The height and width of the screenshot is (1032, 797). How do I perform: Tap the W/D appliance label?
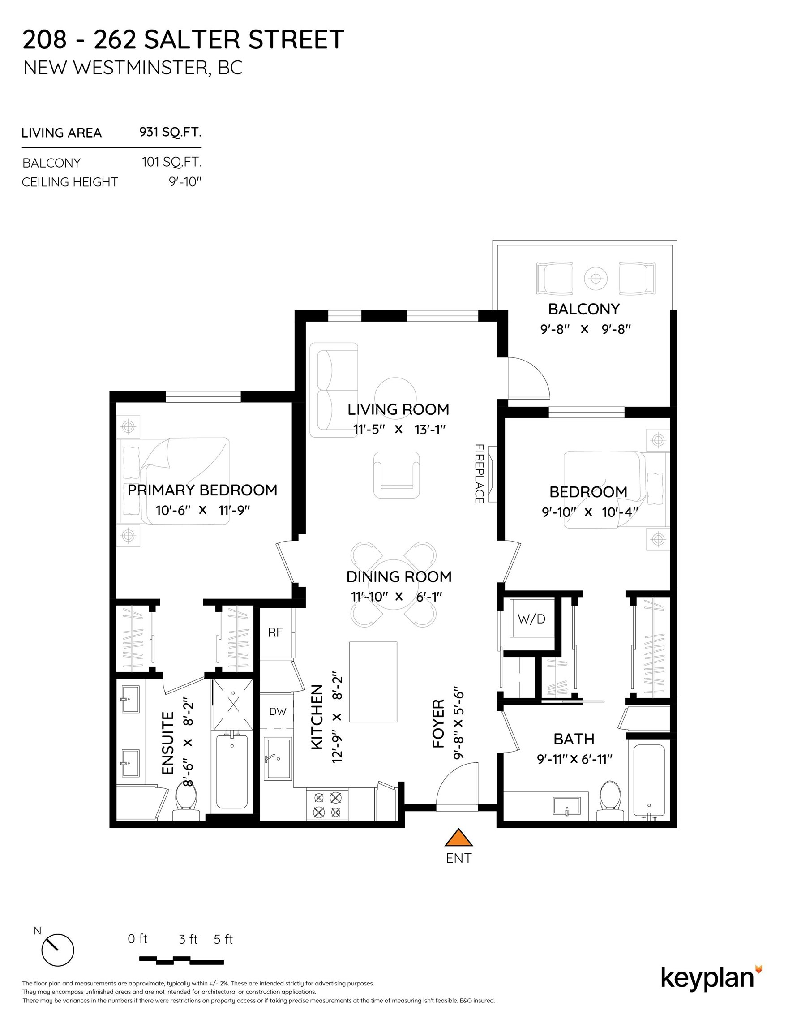pos(531,619)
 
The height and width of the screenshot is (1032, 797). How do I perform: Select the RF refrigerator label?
pos(275,632)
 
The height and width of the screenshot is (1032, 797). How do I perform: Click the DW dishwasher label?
pos(278,711)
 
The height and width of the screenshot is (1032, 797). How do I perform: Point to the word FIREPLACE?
pos(479,473)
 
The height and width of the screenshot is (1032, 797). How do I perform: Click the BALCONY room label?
pos(584,309)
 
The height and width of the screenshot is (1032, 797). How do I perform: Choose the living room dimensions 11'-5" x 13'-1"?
pos(399,430)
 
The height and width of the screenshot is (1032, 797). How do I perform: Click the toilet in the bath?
pos(611,801)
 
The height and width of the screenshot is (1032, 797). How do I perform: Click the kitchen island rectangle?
pos(373,682)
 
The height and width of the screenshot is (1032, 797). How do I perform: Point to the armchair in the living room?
pos(397,475)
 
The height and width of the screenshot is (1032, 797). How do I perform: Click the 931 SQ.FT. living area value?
pos(170,132)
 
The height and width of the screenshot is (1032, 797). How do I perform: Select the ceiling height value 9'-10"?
pos(185,182)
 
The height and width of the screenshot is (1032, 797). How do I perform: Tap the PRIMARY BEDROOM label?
pos(202,490)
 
